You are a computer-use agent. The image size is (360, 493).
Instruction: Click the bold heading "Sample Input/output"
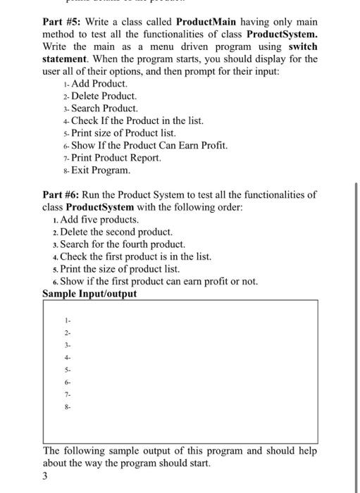coord(89,294)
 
